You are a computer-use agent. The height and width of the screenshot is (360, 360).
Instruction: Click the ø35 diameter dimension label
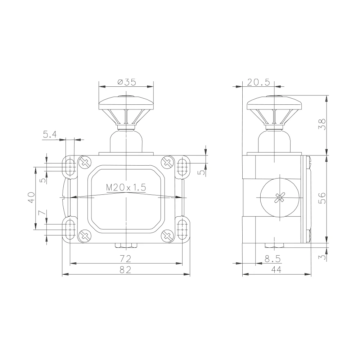127,82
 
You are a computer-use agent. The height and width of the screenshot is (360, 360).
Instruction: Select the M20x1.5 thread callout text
126,187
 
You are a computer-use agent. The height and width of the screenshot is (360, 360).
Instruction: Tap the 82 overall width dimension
125,270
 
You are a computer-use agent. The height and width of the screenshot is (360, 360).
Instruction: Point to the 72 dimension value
125,259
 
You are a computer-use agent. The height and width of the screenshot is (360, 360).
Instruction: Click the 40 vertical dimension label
31,198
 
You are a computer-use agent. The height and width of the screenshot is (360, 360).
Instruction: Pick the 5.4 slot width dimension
50,134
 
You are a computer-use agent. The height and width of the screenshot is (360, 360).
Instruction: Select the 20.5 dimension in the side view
258,82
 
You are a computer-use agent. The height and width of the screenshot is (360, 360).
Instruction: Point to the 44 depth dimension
276,270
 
